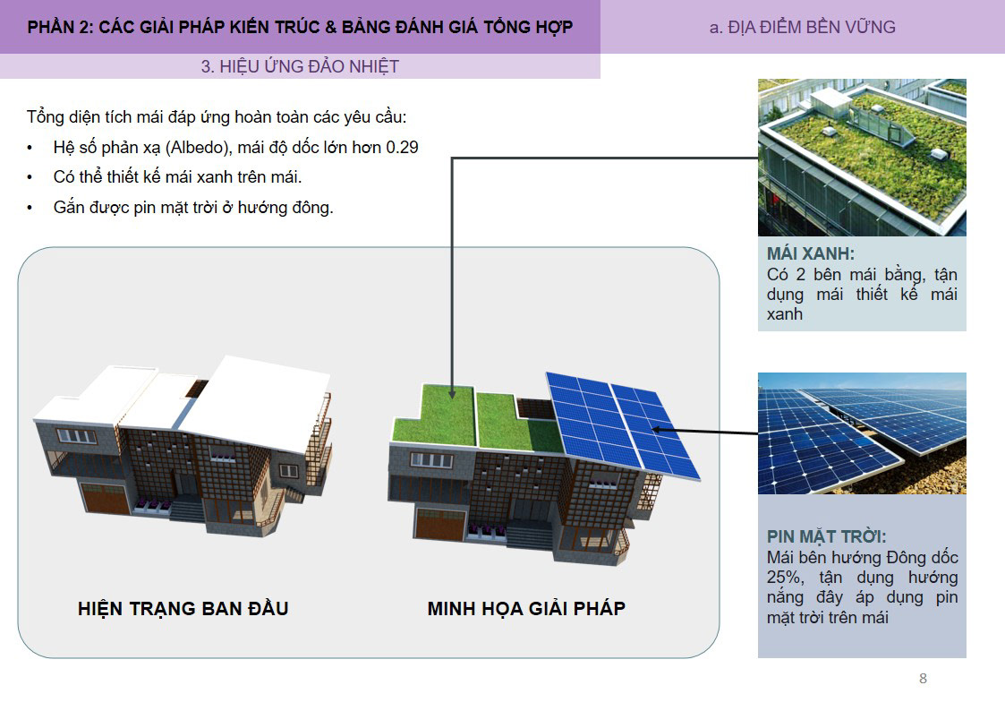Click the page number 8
tap(923, 679)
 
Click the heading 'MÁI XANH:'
tap(810, 253)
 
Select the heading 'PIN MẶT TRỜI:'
tap(826, 536)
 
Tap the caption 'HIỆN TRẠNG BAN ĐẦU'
tap(183, 609)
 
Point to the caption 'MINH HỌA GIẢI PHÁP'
tap(526, 609)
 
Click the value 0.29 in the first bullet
tap(402, 147)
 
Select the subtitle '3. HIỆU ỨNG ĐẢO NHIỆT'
tap(300, 66)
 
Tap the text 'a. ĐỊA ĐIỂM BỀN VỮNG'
tap(802, 27)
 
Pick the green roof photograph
tap(862, 157)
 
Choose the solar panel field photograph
tap(862, 433)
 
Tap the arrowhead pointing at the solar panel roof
tap(658, 430)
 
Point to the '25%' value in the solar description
tap(782, 578)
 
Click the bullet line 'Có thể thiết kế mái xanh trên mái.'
tap(177, 177)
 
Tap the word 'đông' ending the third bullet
tap(312, 208)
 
